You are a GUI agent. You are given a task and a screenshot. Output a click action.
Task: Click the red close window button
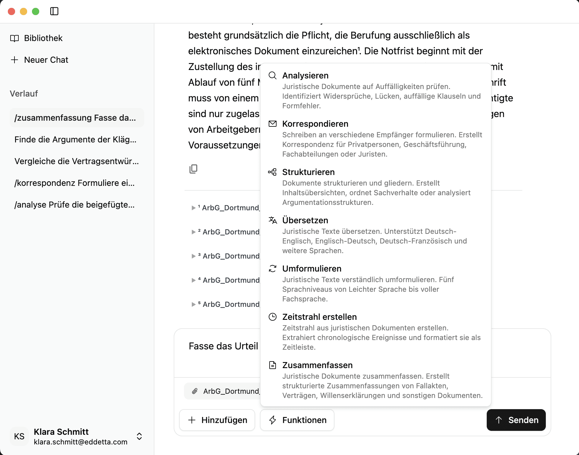[11, 11]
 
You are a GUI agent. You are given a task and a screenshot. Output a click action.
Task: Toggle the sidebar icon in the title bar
[54, 11]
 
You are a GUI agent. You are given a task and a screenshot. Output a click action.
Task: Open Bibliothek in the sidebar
[43, 38]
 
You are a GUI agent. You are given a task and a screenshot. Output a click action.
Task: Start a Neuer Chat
[46, 60]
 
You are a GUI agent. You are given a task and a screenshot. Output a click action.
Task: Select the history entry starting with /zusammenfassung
[75, 118]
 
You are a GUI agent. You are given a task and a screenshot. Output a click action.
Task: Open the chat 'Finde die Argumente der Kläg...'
[75, 139]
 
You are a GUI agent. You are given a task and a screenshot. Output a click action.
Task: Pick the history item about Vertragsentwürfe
[76, 161]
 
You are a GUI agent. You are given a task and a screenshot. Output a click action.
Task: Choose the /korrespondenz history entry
[74, 183]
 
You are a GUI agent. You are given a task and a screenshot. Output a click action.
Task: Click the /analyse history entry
[74, 205]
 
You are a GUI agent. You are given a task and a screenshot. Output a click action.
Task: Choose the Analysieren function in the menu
[305, 75]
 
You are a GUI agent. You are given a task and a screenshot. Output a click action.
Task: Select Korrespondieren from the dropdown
[315, 124]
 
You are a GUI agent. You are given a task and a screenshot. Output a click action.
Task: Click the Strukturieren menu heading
[308, 172]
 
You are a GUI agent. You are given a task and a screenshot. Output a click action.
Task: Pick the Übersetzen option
[305, 220]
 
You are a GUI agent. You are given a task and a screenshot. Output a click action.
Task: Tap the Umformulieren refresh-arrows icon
[273, 269]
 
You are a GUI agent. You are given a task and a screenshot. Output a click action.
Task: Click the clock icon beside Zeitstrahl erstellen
[273, 317]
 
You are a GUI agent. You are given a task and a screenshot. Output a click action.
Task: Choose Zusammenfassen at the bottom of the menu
[317, 365]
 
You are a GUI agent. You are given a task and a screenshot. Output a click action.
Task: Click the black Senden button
[516, 420]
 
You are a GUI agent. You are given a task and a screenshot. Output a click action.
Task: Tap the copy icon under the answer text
[193, 169]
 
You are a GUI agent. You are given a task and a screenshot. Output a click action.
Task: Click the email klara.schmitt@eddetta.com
[81, 442]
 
